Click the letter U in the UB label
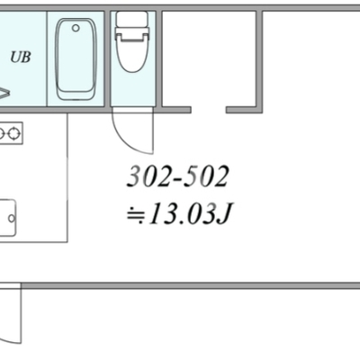point(15,57)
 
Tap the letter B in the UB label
point(26,57)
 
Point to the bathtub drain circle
point(76,28)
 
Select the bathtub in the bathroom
point(76,59)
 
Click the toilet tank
point(132,20)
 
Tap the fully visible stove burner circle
point(13,133)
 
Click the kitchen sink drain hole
point(12,218)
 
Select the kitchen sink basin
point(7,218)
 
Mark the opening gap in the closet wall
point(209,110)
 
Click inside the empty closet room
point(209,58)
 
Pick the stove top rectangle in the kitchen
point(11,133)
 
